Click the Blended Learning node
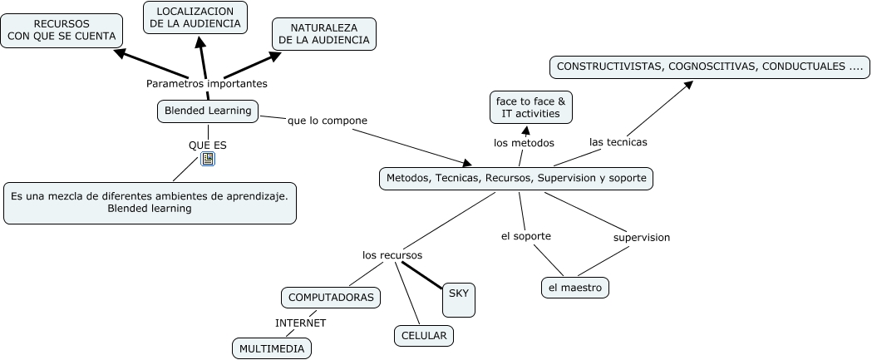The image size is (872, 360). click(x=208, y=111)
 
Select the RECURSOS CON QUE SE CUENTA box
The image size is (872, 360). click(x=62, y=30)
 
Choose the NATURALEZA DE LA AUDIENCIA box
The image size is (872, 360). click(x=324, y=33)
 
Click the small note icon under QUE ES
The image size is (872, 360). click(x=208, y=159)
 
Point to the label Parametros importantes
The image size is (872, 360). click(x=207, y=83)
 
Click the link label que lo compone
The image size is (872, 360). click(x=327, y=121)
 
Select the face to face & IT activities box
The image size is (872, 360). click(x=530, y=107)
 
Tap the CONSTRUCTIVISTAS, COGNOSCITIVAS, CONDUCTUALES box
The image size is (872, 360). click(x=710, y=66)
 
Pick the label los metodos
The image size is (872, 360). click(x=524, y=143)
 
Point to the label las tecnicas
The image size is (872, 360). click(x=618, y=142)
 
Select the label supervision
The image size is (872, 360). click(x=642, y=238)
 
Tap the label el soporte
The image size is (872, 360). click(x=525, y=236)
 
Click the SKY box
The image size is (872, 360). click(x=459, y=298)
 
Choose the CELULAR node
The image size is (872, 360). click(x=424, y=336)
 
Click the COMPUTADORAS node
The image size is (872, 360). click(x=331, y=297)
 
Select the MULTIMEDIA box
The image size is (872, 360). click(x=272, y=348)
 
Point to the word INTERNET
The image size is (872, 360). click(x=301, y=323)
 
